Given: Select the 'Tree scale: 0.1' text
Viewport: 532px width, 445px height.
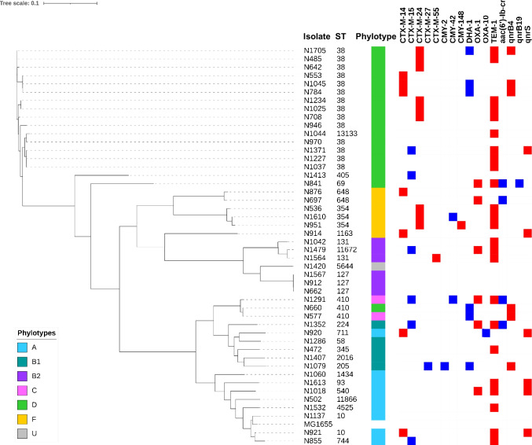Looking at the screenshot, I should (20, 4).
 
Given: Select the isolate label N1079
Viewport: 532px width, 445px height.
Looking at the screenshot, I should (314, 366).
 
